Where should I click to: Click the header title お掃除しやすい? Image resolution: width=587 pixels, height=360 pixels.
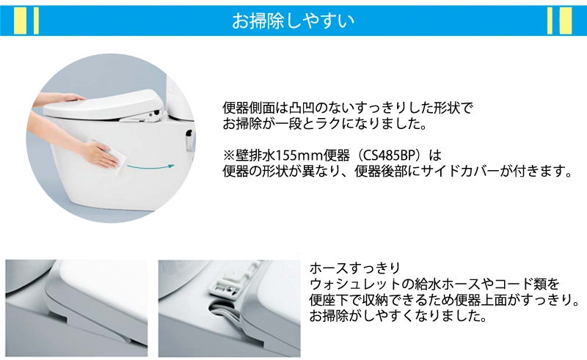(293, 21)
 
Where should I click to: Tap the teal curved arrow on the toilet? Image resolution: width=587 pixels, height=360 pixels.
(150, 166)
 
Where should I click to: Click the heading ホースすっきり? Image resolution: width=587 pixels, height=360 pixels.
(355, 268)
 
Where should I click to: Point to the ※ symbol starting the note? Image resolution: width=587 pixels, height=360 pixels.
(229, 155)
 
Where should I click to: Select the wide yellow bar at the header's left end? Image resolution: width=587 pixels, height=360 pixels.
(21, 21)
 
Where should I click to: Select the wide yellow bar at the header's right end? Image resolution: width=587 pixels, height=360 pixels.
(565, 21)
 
